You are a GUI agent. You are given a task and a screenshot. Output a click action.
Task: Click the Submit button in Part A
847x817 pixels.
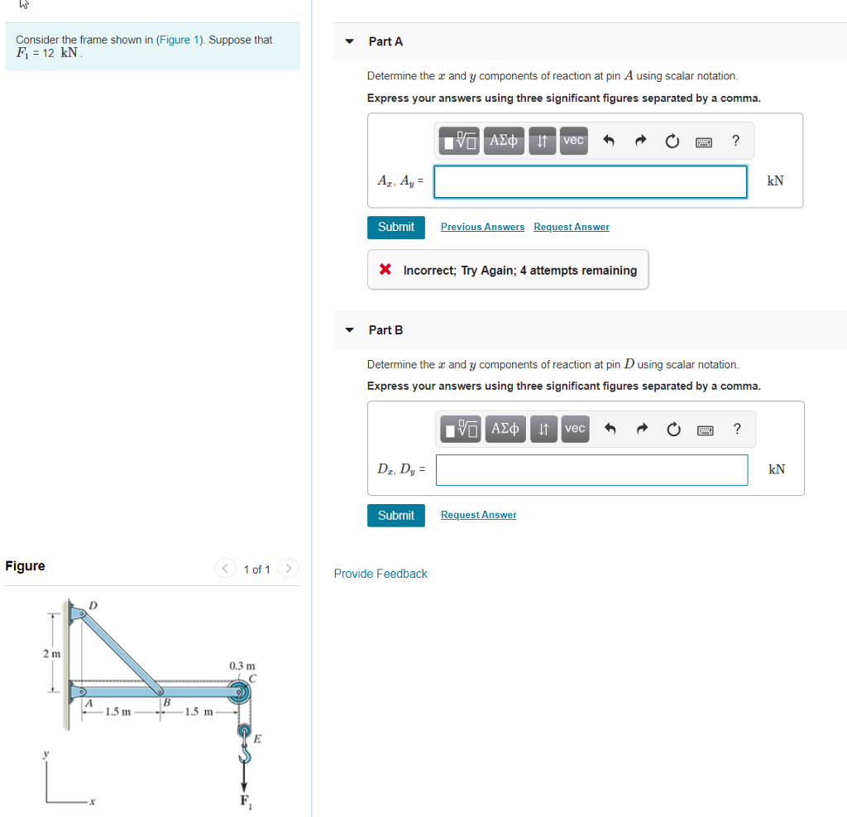tap(395, 227)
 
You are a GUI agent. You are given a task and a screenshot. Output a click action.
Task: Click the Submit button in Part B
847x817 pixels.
tap(395, 515)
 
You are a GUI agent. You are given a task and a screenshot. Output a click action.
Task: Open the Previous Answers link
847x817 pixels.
tap(482, 227)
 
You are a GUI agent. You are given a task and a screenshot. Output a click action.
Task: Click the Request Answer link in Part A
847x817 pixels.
tap(571, 227)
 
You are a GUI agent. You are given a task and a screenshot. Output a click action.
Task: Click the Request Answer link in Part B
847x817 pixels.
tap(478, 515)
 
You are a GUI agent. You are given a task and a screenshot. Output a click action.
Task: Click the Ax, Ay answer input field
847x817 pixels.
tap(590, 182)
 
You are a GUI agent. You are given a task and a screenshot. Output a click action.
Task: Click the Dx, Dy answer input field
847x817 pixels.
tap(591, 470)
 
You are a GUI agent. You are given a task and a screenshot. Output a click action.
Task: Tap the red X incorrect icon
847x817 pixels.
tap(385, 270)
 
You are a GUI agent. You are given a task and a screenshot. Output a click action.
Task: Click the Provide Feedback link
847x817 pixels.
tap(380, 574)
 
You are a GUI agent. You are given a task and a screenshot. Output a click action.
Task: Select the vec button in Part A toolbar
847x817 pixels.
tap(574, 141)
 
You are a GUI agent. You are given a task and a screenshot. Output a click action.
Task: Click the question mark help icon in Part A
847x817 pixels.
tap(735, 141)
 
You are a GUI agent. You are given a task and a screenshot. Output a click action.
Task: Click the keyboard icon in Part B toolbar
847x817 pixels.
tap(704, 429)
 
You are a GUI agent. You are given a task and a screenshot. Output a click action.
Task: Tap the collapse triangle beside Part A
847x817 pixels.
tap(350, 41)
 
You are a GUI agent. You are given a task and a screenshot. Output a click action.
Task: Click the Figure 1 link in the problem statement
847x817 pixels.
tap(180, 40)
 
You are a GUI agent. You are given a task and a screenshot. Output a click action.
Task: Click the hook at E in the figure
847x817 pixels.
tap(245, 749)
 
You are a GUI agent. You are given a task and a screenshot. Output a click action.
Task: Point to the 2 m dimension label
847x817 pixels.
tap(51, 654)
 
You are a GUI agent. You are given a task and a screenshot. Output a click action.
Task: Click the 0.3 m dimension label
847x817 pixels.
tap(242, 666)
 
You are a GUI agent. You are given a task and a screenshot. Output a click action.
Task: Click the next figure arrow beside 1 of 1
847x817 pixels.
tap(288, 569)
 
